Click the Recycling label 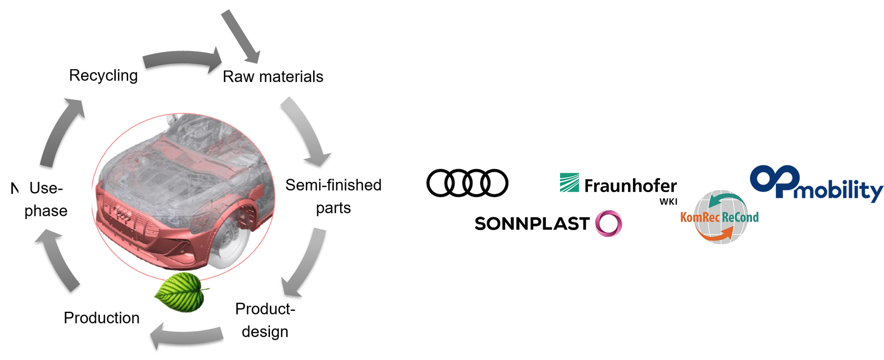point(103,76)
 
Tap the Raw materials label point(273,76)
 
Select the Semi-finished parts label point(333,196)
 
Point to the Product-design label point(265,320)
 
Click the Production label point(102,318)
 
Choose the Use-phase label point(46,199)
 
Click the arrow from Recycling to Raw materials point(182,60)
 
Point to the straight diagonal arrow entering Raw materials point(241,36)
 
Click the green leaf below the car point(181,292)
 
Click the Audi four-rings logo point(467,183)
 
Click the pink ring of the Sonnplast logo point(608,223)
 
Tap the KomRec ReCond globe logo point(720,217)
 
